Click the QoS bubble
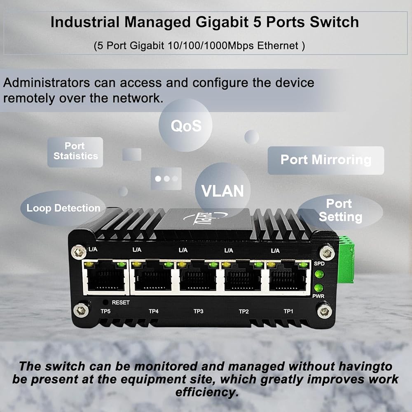(x=186, y=126)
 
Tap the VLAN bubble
(x=222, y=191)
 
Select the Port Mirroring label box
(x=325, y=160)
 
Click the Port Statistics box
(x=75, y=152)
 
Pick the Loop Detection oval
(x=63, y=208)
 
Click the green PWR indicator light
(x=318, y=288)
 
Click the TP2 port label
(x=243, y=311)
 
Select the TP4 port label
(x=153, y=311)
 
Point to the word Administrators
(x=46, y=82)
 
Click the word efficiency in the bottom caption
(x=207, y=392)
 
